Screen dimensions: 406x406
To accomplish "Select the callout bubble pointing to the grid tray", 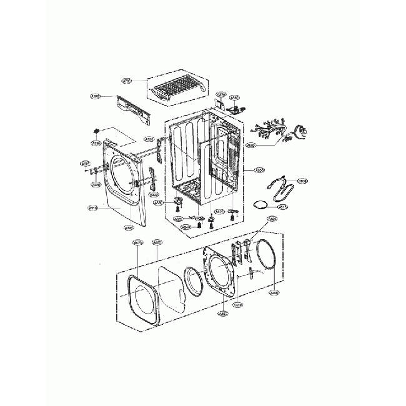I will [x=126, y=81].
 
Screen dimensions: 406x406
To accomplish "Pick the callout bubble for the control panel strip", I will [x=96, y=96].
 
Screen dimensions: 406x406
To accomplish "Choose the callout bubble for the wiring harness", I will [x=250, y=147].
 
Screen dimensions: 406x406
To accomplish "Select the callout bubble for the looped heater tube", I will [x=302, y=181].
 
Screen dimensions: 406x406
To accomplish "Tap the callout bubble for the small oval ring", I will [x=282, y=207].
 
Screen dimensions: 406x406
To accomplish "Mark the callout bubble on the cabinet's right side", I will [x=260, y=169].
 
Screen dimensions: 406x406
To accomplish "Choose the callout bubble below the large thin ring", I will [x=273, y=292].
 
